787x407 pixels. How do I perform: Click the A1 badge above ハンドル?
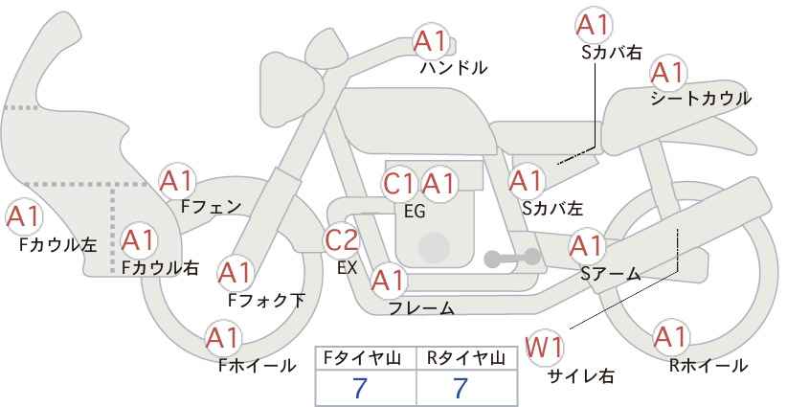coord(431,40)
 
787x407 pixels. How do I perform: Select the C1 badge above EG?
coord(399,184)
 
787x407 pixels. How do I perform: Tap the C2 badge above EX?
coord(342,240)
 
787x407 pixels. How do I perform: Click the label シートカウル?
coord(701,99)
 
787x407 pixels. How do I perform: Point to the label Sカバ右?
coord(611,54)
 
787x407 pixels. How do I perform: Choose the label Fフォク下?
coord(266,300)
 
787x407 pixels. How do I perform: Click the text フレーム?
coord(421,307)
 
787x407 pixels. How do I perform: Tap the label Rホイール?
coord(709,365)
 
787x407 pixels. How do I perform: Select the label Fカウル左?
coord(57,244)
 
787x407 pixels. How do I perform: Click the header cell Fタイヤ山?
coord(365,358)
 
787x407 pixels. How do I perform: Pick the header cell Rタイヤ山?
coord(465,358)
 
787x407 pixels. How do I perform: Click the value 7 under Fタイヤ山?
coord(360,388)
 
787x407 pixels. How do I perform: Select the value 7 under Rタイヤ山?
coord(461,388)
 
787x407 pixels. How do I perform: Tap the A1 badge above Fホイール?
coord(223,338)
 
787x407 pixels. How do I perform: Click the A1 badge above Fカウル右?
coord(140,237)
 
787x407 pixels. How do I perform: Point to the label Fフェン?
coord(211,205)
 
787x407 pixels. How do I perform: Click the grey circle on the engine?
coord(434,247)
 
